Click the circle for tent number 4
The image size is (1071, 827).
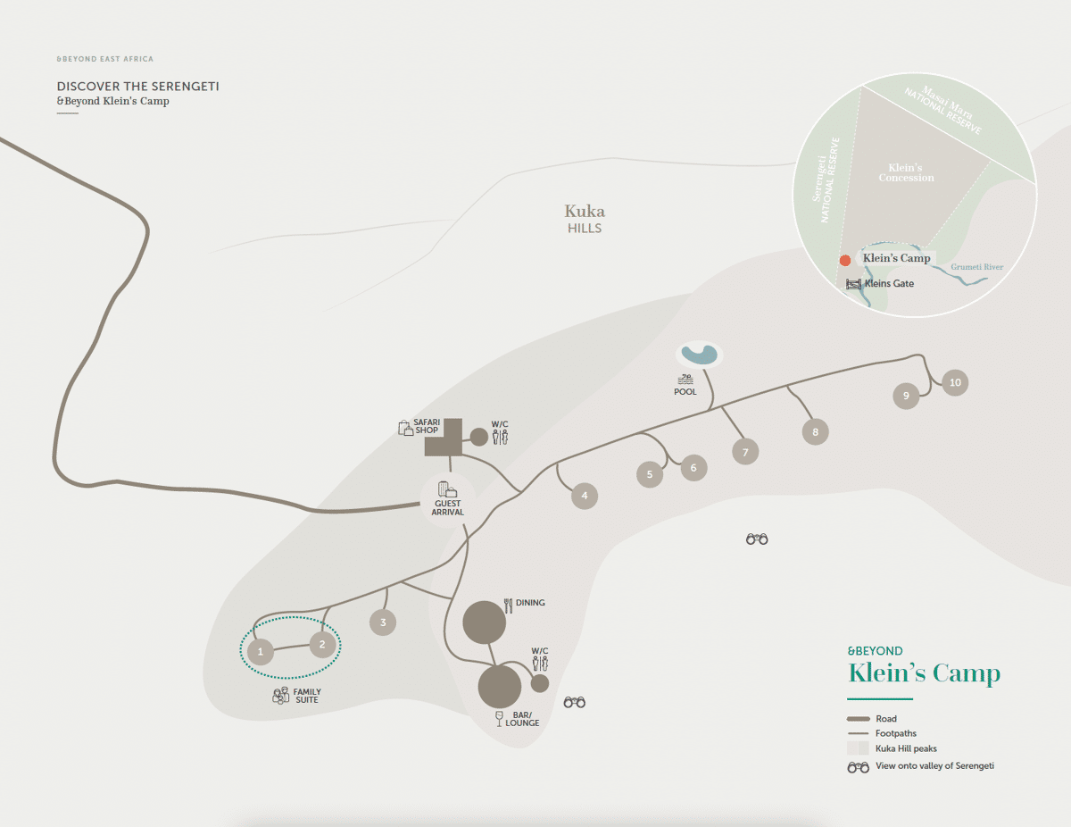pos(584,496)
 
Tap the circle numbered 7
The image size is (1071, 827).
pos(745,452)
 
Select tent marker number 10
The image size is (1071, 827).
pos(955,382)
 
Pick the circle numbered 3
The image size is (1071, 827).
pos(383,622)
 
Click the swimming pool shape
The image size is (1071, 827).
pos(698,355)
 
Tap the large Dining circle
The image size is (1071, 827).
pos(485,622)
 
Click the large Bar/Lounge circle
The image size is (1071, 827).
pos(500,687)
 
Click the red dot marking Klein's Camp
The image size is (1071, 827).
pos(844,261)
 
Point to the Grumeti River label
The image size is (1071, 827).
pos(978,267)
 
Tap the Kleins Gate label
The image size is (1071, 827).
pos(889,284)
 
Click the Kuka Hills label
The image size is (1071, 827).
pos(585,219)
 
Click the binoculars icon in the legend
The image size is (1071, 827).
pos(858,766)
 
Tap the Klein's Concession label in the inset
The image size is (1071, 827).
pos(906,172)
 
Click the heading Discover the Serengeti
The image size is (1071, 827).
pos(137,87)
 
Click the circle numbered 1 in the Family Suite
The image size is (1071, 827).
pos(261,652)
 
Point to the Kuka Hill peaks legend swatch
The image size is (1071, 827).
pos(858,748)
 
